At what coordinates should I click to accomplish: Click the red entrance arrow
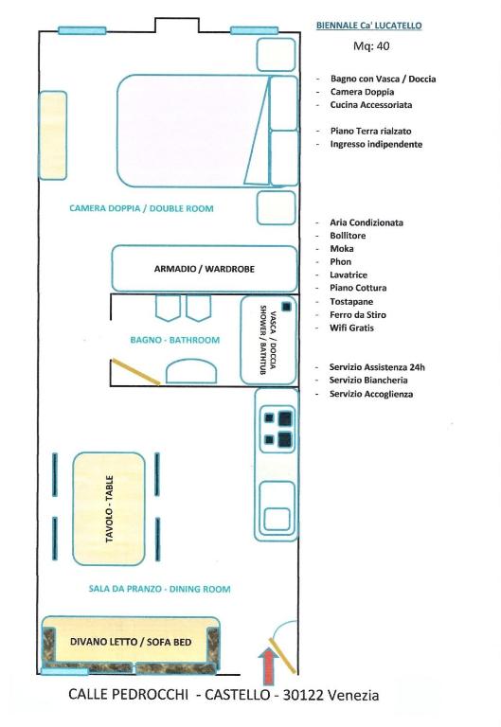(269, 665)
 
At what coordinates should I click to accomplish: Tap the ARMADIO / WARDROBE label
(205, 269)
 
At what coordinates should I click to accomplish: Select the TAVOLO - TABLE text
(110, 508)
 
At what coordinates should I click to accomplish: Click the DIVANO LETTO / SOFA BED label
(131, 642)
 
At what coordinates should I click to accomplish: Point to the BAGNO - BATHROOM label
(175, 340)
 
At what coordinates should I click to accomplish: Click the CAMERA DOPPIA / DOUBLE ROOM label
(141, 208)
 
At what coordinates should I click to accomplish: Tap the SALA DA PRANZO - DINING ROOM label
(159, 589)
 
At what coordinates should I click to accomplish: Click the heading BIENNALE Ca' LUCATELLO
(368, 26)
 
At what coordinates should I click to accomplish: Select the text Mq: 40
(371, 45)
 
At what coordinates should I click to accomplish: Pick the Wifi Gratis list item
(351, 328)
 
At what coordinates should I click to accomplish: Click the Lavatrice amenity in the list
(349, 275)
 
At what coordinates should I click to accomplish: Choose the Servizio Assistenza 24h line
(377, 367)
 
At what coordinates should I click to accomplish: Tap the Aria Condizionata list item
(367, 222)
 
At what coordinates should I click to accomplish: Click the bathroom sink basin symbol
(191, 371)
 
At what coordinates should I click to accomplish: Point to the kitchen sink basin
(277, 520)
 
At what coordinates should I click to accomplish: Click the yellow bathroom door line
(135, 372)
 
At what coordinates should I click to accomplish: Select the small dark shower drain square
(286, 307)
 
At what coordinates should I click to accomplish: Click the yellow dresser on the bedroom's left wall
(52, 135)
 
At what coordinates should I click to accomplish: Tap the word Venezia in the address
(353, 695)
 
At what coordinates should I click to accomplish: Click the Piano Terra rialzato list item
(370, 132)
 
